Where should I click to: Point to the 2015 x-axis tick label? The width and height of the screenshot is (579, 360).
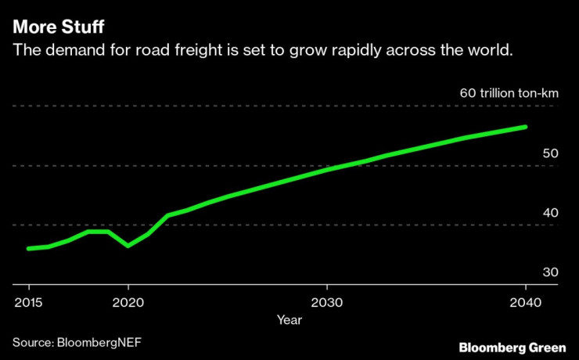(28, 302)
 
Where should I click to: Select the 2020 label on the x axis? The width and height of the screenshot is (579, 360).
(128, 302)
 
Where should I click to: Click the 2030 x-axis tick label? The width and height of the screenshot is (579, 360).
(327, 302)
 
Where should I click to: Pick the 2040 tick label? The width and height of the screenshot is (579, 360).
(525, 302)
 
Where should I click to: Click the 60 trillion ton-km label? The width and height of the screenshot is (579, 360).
(509, 93)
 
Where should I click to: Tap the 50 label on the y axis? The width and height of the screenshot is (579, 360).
(549, 153)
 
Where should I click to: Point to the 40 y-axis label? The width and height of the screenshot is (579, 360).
(549, 213)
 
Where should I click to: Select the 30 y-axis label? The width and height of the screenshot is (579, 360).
(549, 272)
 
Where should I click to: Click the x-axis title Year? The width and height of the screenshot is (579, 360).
(288, 319)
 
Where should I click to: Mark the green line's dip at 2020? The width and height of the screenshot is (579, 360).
(128, 246)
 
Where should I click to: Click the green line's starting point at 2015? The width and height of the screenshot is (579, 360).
(28, 249)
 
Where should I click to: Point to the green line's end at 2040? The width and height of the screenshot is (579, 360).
(525, 127)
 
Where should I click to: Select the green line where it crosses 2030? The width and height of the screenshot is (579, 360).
(327, 169)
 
